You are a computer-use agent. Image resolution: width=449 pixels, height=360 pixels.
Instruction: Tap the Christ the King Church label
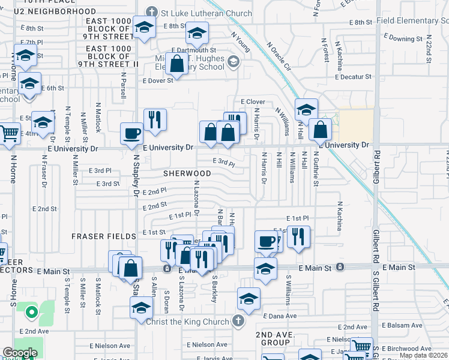click(x=188, y=322)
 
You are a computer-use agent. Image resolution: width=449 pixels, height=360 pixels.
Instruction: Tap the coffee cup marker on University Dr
click(x=131, y=134)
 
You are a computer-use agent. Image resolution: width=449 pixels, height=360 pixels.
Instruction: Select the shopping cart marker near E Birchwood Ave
click(x=361, y=346)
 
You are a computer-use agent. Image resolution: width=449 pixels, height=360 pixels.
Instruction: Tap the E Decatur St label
click(x=354, y=77)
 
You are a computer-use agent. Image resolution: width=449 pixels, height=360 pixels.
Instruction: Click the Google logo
click(x=20, y=353)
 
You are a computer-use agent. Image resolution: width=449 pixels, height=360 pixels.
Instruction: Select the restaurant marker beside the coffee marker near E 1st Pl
click(x=298, y=236)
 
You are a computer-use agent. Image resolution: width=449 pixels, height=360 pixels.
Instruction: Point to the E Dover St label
click(x=157, y=80)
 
